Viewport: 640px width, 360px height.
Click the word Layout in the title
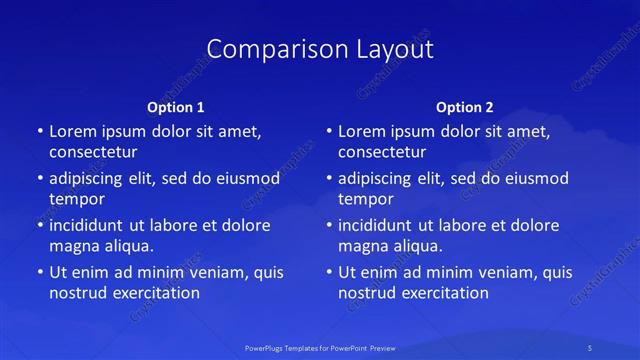coord(392,49)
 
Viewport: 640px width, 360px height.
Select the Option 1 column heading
coord(176,107)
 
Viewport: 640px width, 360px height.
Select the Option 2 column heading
coord(465,107)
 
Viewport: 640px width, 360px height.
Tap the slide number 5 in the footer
coord(590,347)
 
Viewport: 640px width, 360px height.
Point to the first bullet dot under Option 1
coord(39,131)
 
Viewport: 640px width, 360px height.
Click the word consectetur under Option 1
coord(93,152)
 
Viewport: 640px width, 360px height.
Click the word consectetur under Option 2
coord(382,152)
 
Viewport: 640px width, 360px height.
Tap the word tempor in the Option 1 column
coord(77,199)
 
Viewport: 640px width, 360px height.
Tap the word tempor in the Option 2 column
coord(366,199)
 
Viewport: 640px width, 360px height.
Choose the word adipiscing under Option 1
coord(94,179)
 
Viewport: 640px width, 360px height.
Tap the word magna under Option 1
coord(73,246)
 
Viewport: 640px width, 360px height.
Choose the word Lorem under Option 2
coord(362,131)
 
